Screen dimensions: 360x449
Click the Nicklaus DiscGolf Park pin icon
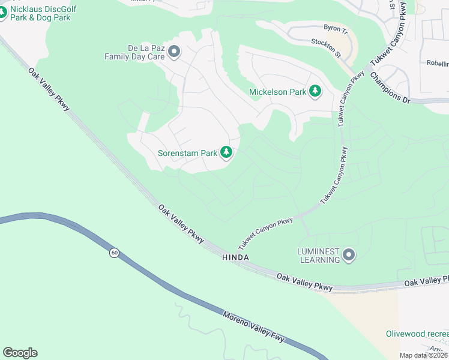[2, 13]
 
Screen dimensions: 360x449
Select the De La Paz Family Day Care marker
[175, 52]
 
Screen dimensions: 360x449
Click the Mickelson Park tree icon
[315, 92]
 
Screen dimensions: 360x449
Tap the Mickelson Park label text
[278, 92]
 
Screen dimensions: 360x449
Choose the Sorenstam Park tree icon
[226, 153]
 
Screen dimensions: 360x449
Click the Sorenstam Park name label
[187, 153]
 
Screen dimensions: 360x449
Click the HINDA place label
[235, 257]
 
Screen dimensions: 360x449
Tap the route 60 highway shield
[113, 253]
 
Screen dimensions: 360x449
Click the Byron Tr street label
[336, 28]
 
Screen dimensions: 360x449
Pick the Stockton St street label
[326, 49]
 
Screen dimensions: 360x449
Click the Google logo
[20, 353]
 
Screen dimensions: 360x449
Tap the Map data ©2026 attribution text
[424, 355]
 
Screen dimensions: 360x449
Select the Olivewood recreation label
[417, 334]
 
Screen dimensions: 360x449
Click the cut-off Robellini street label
[437, 63]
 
